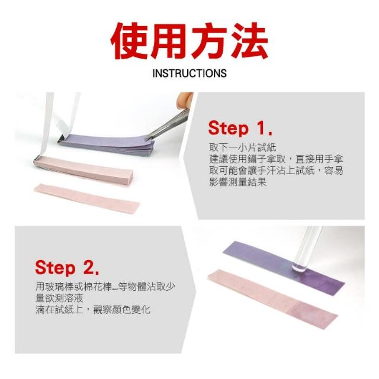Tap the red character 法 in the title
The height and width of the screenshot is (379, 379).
249,41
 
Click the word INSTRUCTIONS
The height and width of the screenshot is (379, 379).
189,73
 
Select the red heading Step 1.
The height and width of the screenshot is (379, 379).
240,128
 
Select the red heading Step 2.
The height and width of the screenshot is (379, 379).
67,267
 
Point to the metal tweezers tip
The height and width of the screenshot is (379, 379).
147,139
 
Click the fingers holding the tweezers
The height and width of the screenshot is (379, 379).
184,101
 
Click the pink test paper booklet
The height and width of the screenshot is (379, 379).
83,169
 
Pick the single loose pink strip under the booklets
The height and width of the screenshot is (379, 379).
87,198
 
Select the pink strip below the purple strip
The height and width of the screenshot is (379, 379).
272,297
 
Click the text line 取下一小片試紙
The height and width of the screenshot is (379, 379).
242,147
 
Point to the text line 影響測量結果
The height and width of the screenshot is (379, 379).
237,182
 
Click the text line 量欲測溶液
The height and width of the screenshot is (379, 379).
59,298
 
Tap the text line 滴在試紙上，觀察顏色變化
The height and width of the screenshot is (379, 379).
93,310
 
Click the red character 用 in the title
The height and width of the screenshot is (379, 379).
170,41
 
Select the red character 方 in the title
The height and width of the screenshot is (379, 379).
209,41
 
